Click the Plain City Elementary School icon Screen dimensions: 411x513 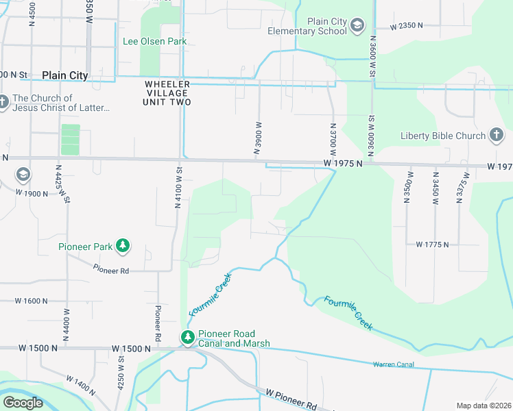point(357,26)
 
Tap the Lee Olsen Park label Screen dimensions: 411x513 point(154,41)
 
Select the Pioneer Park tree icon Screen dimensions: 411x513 point(123,245)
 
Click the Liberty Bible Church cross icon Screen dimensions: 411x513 point(497,136)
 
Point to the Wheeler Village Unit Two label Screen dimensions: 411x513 point(167,93)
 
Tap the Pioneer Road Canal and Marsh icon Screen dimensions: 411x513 point(187,337)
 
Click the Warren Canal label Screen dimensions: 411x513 point(393,364)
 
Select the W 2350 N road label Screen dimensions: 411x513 point(406,26)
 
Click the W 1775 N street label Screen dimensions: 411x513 point(432,245)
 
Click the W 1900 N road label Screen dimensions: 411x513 point(32,193)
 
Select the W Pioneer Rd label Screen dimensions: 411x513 point(291,399)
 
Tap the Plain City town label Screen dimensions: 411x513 point(64,75)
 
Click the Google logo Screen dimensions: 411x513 point(23,403)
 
